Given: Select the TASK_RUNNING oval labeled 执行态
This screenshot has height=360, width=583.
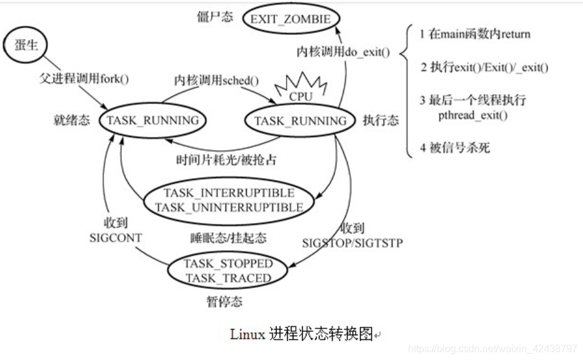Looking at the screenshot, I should tap(301, 121).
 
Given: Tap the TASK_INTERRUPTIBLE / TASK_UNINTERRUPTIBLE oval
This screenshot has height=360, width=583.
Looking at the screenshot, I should tap(228, 199).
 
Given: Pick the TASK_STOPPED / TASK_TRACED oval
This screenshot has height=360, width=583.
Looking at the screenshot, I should tap(228, 270).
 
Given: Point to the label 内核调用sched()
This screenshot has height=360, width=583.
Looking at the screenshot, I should tap(216, 80).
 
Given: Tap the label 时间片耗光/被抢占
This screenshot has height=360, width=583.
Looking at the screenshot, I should tap(226, 159).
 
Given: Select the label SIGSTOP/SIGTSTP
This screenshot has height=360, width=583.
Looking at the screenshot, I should tap(353, 242).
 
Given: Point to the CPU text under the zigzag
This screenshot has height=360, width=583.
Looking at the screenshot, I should tap(301, 97).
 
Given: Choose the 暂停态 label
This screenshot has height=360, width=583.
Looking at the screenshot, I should tap(224, 303).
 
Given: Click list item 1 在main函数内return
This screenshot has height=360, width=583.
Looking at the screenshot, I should tap(476, 34).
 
